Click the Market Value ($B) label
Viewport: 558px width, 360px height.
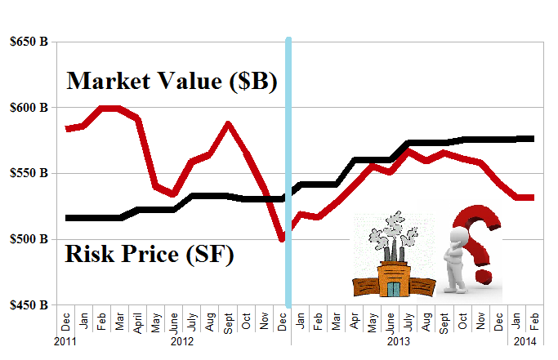tap(172, 81)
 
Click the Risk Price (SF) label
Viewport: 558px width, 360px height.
tap(150, 256)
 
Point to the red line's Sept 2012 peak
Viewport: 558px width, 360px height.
tap(228, 124)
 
